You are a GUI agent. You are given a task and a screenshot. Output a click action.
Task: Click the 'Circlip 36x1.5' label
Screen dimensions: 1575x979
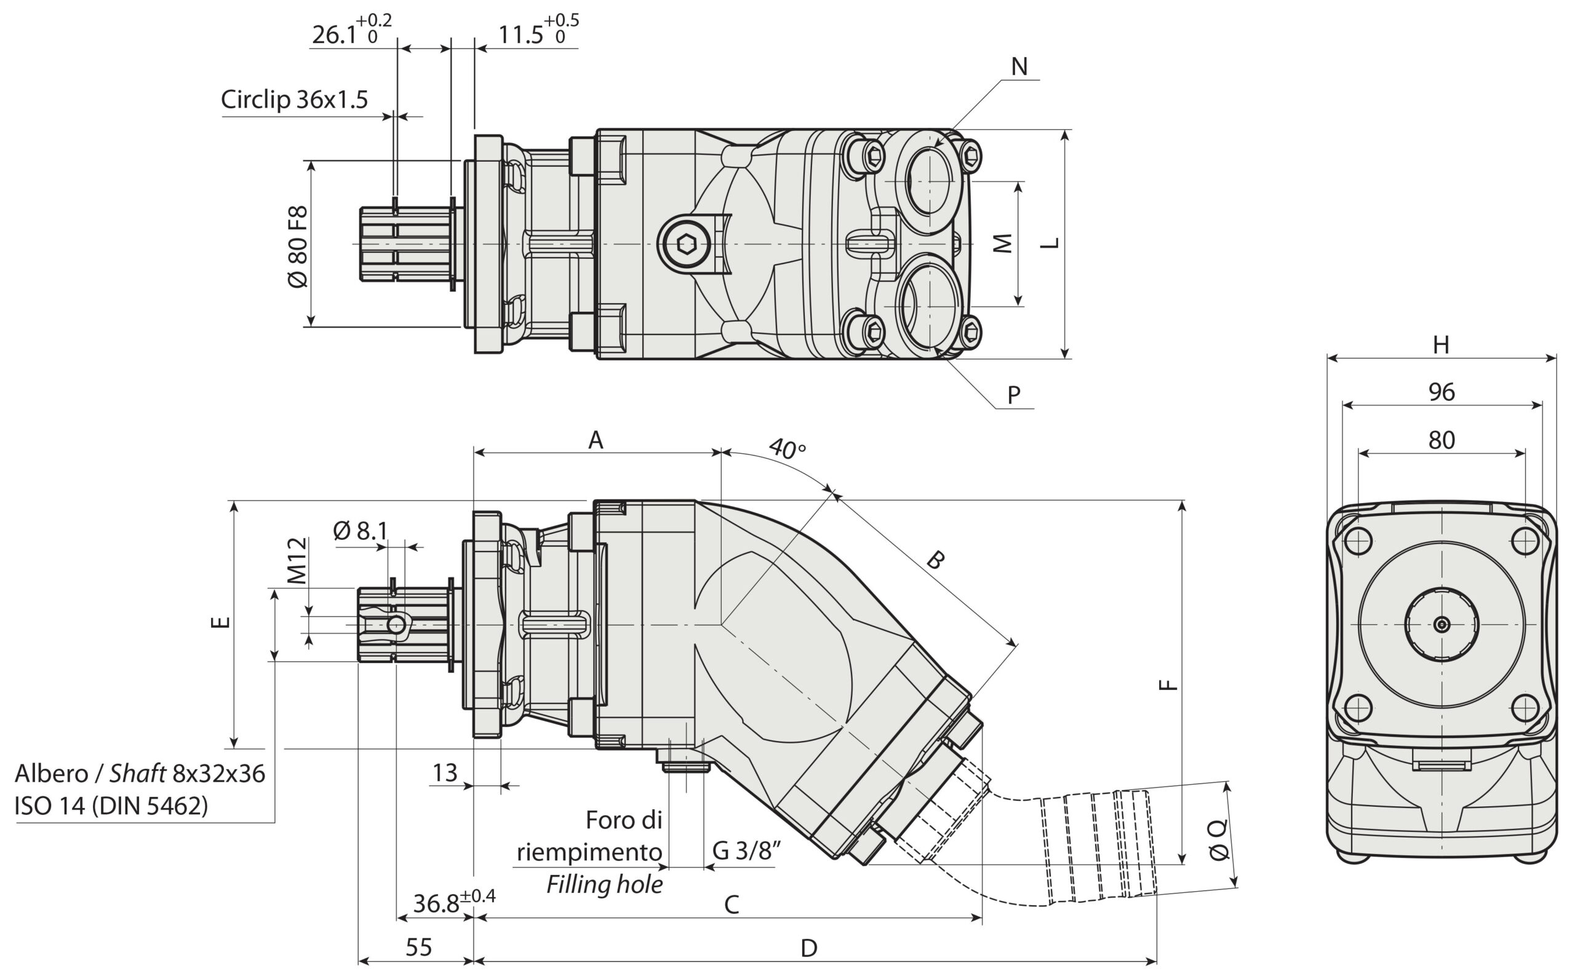point(294,100)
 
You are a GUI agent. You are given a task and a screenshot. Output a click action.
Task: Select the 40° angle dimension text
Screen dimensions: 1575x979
point(787,448)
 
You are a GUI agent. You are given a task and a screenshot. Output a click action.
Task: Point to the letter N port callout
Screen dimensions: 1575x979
point(1019,66)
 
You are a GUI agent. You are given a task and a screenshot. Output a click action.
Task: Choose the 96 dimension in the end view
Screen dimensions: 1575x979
point(1441,392)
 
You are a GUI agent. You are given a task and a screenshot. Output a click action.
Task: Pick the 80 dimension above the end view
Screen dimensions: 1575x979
point(1441,440)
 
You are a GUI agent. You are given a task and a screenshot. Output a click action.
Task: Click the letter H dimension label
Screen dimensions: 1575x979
point(1441,345)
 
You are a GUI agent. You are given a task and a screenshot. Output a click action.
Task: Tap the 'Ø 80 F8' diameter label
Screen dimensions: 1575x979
point(297,247)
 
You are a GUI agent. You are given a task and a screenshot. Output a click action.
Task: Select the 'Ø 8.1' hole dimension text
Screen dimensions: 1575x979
point(360,531)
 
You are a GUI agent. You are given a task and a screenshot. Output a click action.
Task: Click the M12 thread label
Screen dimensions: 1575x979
point(297,561)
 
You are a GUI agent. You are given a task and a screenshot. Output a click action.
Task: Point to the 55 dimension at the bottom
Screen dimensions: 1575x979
point(418,947)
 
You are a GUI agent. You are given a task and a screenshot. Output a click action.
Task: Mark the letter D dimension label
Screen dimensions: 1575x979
point(809,949)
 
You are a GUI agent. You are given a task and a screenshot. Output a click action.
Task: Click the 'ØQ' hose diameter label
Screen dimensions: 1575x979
point(1218,840)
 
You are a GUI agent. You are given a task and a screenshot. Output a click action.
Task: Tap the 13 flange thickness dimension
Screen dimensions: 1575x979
point(445,772)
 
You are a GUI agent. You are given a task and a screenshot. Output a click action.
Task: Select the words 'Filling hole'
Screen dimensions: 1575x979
point(604,884)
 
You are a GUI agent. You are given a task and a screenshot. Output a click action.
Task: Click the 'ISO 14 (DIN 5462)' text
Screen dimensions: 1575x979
point(111,806)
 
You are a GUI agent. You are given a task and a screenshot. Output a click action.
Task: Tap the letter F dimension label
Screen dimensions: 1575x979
point(1168,684)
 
